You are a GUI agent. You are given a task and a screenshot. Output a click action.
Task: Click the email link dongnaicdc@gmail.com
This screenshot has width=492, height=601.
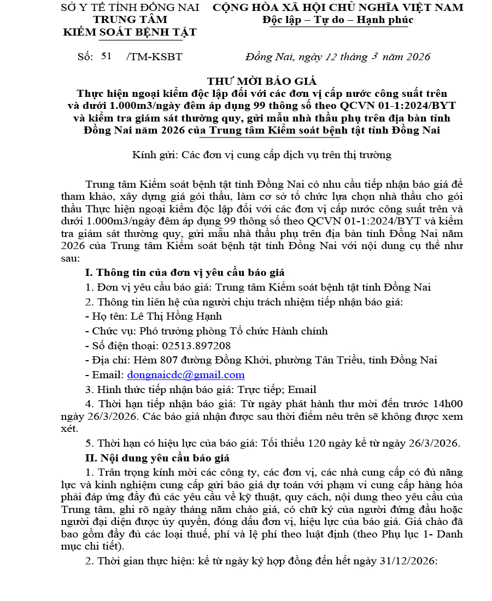coord(186,375)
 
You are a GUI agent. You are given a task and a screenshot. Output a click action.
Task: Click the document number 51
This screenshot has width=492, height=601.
coord(107,56)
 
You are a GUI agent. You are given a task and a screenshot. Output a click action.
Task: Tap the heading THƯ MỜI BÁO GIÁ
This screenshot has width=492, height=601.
coord(262,81)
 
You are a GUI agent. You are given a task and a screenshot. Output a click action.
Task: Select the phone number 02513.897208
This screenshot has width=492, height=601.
coord(196,345)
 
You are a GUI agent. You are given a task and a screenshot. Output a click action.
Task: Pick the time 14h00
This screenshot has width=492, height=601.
coord(449,404)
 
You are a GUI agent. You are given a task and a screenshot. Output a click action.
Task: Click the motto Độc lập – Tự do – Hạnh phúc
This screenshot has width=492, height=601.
coord(337,20)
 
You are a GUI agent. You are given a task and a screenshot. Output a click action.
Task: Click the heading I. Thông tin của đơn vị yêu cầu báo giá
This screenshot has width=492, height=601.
coord(185,272)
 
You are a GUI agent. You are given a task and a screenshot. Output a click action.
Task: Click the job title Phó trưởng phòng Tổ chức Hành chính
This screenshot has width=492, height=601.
coord(234,331)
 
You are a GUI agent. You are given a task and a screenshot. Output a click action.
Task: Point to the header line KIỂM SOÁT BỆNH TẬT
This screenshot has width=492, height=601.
coord(130,32)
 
